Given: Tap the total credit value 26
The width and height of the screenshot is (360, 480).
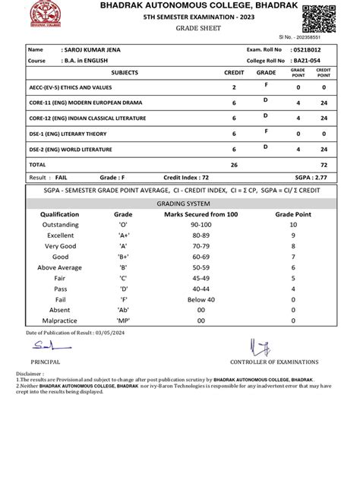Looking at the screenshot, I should [234, 164].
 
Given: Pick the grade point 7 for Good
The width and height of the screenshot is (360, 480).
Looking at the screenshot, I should [293, 257].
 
